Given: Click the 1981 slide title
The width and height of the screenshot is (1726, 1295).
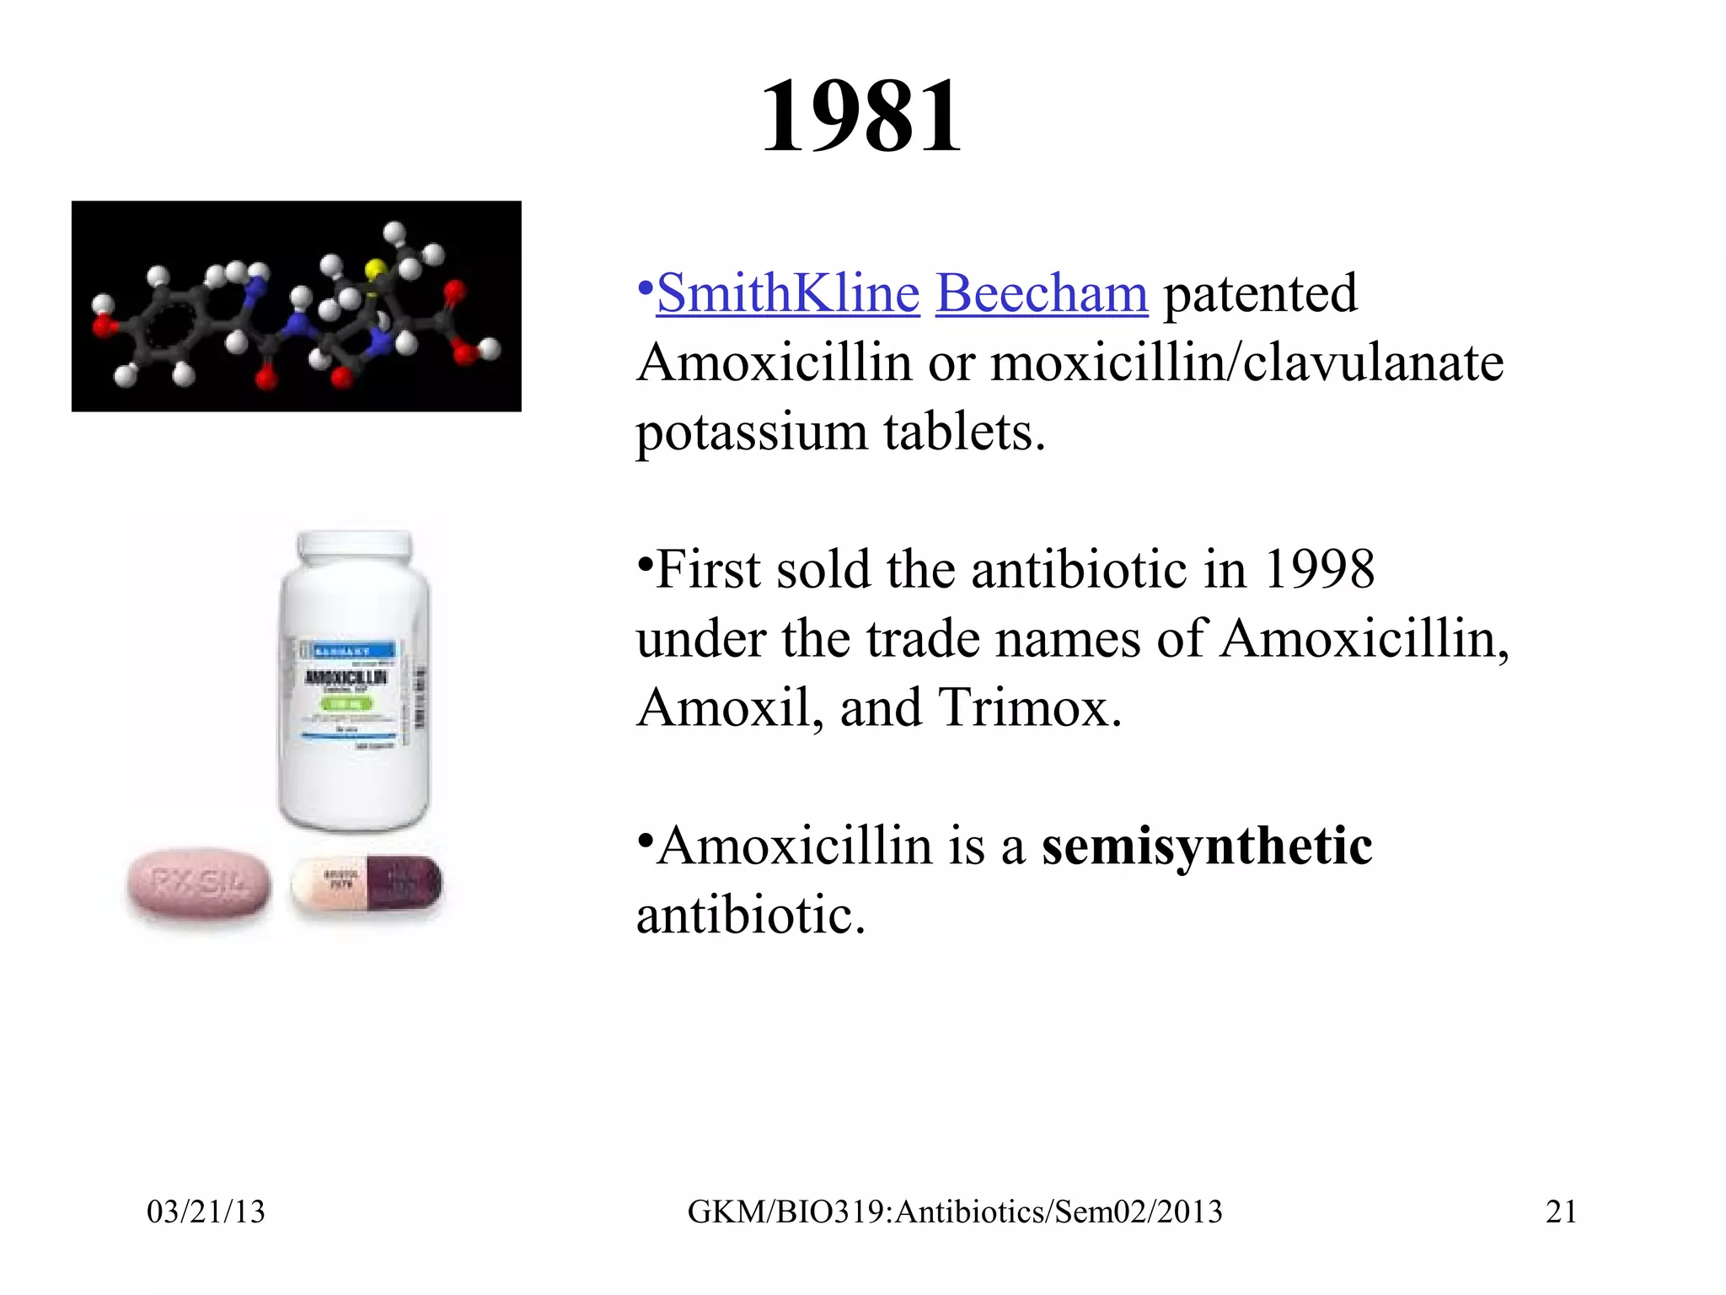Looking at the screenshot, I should click(x=860, y=116).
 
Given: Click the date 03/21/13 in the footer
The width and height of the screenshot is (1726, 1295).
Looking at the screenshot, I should click(x=206, y=1212).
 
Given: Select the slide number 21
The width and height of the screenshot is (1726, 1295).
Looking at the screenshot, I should click(x=1561, y=1212).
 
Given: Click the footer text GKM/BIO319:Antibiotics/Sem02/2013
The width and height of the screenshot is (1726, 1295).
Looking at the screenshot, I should click(x=955, y=1212).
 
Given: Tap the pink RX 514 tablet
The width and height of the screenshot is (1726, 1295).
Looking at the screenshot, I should click(x=199, y=885).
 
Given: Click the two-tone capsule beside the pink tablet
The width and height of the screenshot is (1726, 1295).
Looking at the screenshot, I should click(x=367, y=885).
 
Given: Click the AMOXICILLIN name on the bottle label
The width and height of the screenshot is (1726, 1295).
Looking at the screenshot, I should click(x=346, y=677).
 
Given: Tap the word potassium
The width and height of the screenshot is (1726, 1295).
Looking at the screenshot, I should click(x=751, y=432).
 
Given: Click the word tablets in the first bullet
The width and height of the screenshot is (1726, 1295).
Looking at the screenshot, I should click(x=964, y=432).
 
